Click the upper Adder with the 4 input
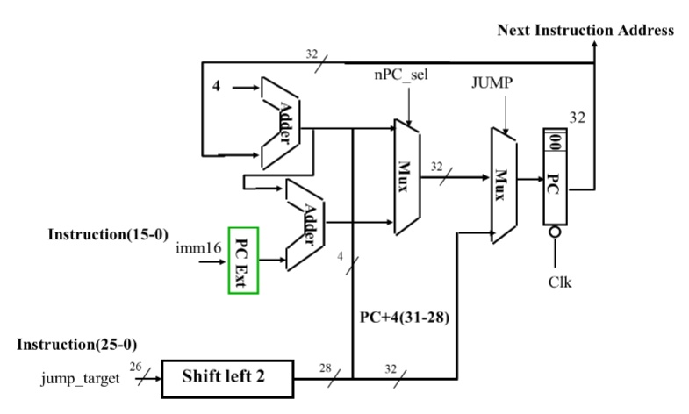tap(283, 122)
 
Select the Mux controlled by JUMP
tap(501, 184)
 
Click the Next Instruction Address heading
tap(585, 30)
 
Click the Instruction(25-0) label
tap(77, 345)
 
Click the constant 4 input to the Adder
tap(216, 87)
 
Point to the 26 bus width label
tap(133, 367)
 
